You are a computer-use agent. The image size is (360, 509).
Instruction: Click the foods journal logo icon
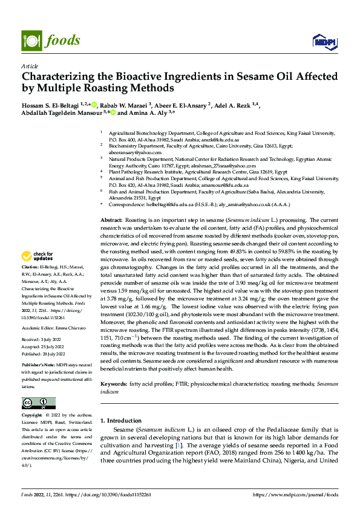click(31, 41)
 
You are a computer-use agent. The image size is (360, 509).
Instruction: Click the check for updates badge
click(38, 273)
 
